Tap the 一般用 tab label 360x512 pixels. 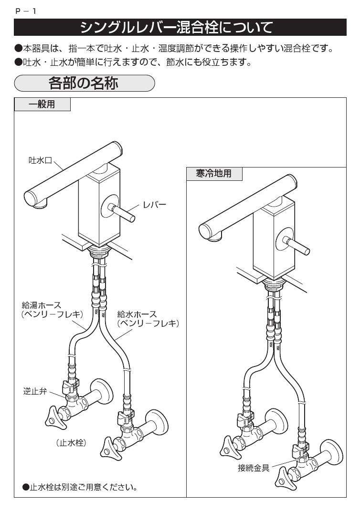pos(42,105)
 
